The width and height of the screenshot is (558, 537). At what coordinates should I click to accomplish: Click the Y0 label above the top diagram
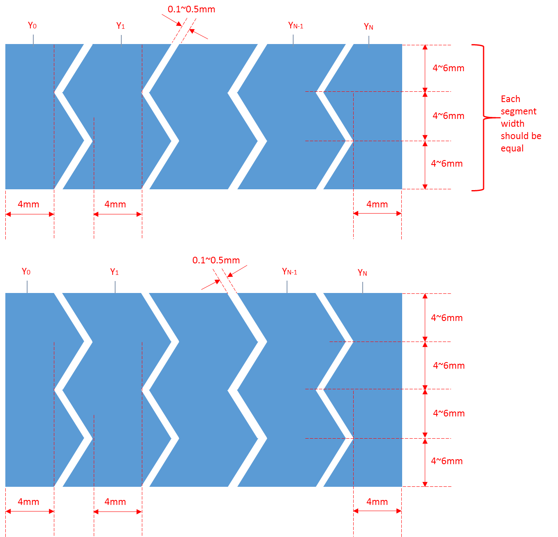tap(32, 26)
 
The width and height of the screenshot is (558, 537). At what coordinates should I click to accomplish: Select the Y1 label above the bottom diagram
tap(114, 272)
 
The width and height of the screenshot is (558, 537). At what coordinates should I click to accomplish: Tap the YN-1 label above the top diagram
tap(296, 26)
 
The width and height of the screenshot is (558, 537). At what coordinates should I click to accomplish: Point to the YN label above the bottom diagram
tap(362, 272)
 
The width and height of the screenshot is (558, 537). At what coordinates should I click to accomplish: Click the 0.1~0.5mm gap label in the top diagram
tap(191, 9)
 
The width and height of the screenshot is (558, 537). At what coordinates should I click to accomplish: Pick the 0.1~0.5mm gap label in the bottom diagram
tap(216, 260)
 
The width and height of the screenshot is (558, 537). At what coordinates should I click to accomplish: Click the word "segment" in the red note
tap(519, 112)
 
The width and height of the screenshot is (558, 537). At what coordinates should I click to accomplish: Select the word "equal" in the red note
tap(512, 148)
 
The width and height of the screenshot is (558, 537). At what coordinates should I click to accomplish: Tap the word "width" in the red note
tap(512, 123)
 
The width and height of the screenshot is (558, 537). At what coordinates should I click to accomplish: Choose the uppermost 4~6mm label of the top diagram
tap(448, 68)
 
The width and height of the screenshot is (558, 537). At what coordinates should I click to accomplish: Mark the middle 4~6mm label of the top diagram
tap(448, 116)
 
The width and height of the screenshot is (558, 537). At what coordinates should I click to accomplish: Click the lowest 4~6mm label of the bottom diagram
tap(447, 461)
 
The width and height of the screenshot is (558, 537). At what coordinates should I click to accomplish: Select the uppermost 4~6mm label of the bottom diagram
tap(447, 318)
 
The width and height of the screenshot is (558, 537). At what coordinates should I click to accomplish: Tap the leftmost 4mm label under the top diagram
tap(28, 204)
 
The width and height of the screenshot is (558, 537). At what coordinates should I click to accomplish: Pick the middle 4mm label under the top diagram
tap(115, 204)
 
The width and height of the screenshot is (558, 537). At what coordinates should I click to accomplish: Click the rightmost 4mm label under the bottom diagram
tap(377, 502)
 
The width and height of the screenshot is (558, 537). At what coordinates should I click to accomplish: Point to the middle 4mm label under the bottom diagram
tap(115, 502)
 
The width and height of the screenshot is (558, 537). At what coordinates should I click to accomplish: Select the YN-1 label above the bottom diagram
tap(289, 272)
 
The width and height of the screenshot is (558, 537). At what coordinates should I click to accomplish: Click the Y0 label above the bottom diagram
tap(26, 272)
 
